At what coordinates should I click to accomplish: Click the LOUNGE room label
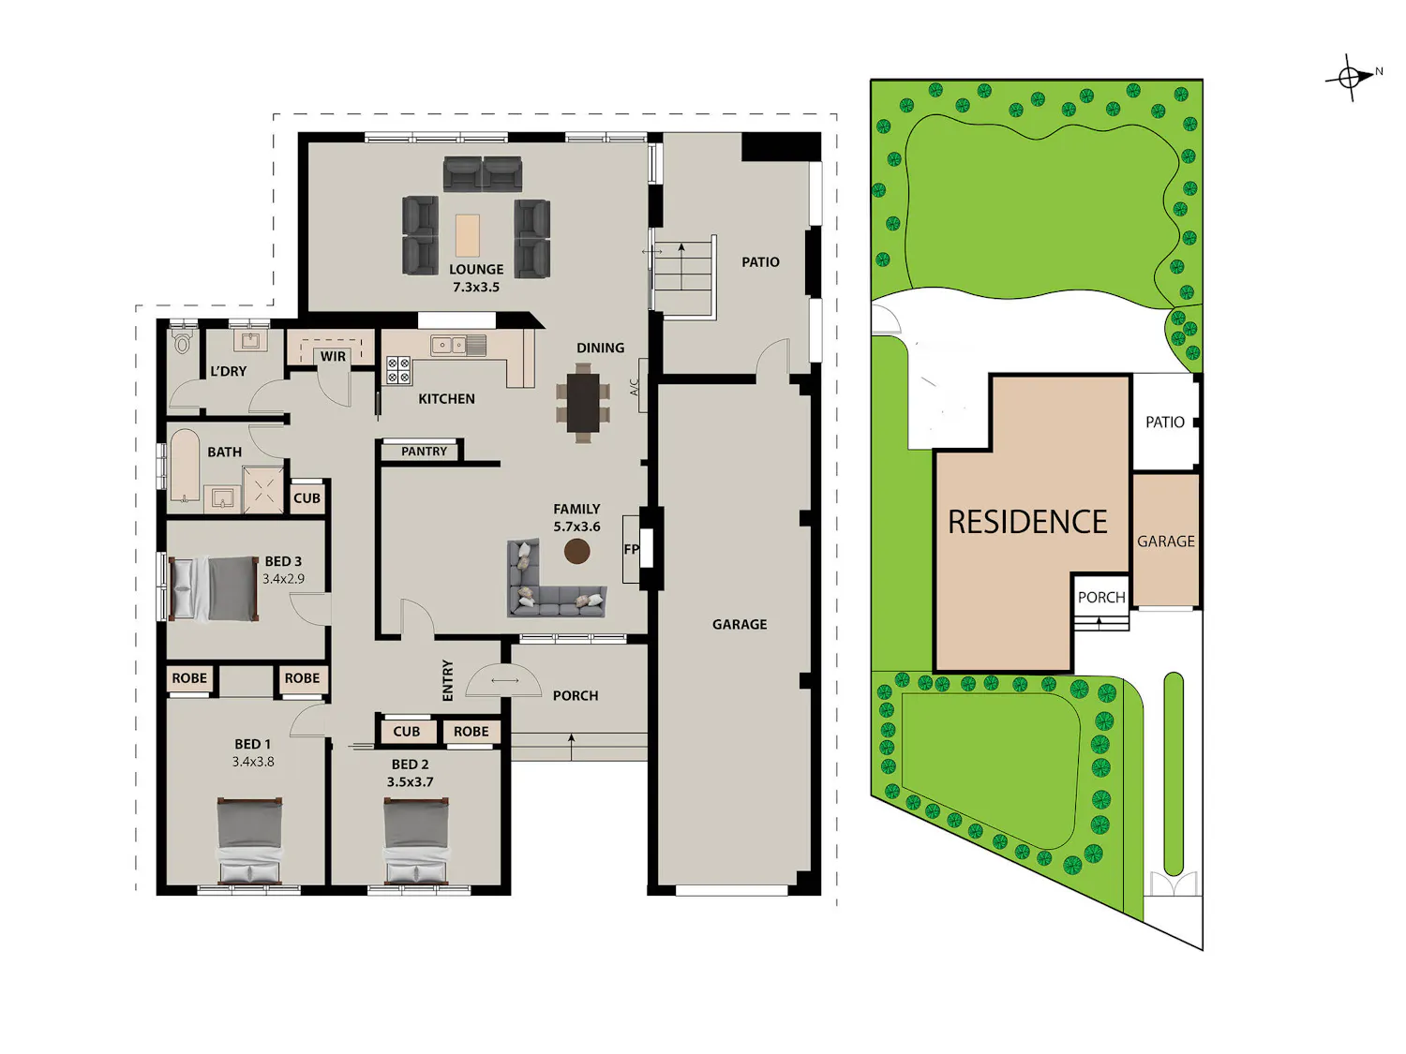[476, 270]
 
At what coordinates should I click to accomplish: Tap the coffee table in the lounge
[468, 235]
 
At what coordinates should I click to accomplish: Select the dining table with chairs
[583, 403]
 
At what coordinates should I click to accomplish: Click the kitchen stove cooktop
[397, 370]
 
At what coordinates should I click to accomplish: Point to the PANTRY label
[424, 452]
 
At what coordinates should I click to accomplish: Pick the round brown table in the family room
[576, 551]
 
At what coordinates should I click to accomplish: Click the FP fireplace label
[631, 549]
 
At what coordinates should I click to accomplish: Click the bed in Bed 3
[214, 588]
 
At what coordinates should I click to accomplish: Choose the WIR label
[333, 356]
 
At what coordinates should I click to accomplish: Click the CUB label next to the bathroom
[307, 497]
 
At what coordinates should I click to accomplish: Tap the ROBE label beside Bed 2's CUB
[471, 732]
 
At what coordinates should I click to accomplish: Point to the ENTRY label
[448, 680]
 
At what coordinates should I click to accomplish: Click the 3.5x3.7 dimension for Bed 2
[410, 781]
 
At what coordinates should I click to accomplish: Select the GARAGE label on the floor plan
[740, 624]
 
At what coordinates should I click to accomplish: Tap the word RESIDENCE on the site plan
[1027, 522]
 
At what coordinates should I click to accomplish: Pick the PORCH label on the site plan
[1101, 597]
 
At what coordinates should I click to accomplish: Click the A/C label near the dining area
[635, 387]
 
